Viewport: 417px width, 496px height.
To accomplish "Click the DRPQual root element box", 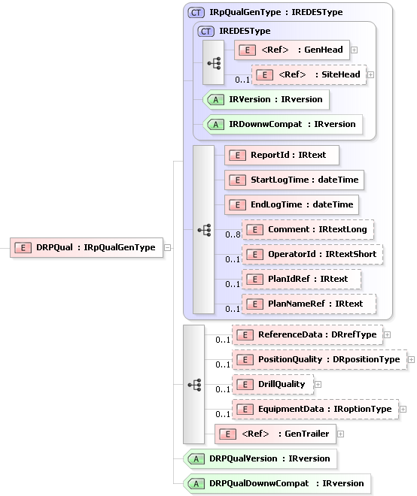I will tap(87, 247).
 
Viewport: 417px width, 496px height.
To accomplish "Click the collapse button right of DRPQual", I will tap(167, 247).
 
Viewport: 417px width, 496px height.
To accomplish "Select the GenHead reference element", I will tap(290, 50).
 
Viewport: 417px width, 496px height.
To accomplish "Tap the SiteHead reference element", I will tap(309, 74).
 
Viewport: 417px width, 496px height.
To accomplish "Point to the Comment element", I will tap(308, 229).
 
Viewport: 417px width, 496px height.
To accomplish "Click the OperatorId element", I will tap(312, 254).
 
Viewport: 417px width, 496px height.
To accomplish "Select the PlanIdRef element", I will tap(301, 279).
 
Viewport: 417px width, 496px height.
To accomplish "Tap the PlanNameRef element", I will tap(308, 304).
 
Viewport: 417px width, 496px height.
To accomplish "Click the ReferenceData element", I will tap(308, 334).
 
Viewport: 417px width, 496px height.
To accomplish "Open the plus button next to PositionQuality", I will tap(411, 359).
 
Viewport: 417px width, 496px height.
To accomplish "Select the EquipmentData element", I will tap(315, 409).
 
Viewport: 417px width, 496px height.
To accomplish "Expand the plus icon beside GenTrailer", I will tap(341, 434).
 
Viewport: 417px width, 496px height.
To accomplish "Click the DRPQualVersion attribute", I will tap(259, 458).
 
